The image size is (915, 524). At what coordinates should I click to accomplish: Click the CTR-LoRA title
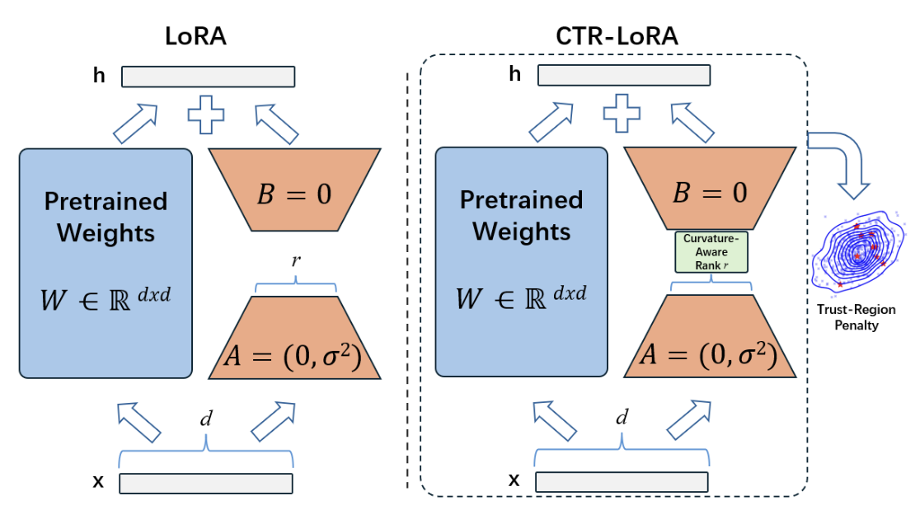pos(617,38)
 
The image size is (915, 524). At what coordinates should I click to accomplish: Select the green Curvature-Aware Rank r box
pos(711,252)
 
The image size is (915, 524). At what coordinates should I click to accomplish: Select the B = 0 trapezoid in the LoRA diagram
pos(295,191)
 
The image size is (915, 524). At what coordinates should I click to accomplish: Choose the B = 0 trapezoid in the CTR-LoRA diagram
pos(711,191)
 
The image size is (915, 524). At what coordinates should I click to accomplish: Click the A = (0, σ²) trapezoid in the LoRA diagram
pos(295,338)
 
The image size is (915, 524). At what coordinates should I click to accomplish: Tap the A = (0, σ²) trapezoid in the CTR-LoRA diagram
pos(711,338)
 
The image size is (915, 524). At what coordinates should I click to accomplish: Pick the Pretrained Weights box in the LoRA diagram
pos(106,263)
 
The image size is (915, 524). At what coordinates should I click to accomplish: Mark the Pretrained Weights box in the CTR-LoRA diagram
pos(521,263)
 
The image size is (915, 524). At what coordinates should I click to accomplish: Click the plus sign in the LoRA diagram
pos(206,114)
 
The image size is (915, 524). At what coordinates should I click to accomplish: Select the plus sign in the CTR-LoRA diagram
pos(622,114)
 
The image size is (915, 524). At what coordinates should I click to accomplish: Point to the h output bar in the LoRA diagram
pos(208,77)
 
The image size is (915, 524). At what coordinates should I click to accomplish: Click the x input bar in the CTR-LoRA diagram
pos(622,482)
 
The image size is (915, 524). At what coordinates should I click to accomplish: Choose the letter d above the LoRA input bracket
pos(206,419)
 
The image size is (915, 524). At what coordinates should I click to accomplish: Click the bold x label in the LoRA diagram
pos(98,482)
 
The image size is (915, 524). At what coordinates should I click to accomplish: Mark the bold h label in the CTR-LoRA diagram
pos(515,75)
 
